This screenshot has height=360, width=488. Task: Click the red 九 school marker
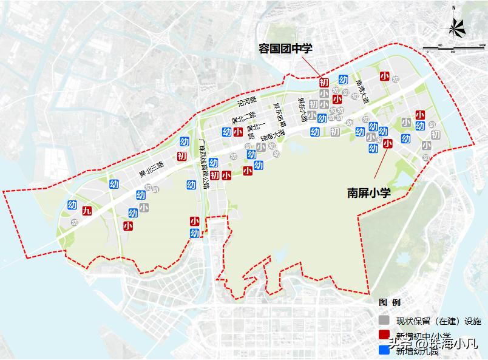[x=87, y=211]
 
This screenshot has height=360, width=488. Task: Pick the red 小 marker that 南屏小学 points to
[x=388, y=144]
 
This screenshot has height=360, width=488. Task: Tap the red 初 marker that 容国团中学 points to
[x=324, y=82]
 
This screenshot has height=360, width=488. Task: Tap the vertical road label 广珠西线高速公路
[x=204, y=164]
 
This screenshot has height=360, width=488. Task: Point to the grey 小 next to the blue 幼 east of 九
[x=143, y=208]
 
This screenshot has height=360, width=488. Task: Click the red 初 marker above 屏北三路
[x=181, y=157]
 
